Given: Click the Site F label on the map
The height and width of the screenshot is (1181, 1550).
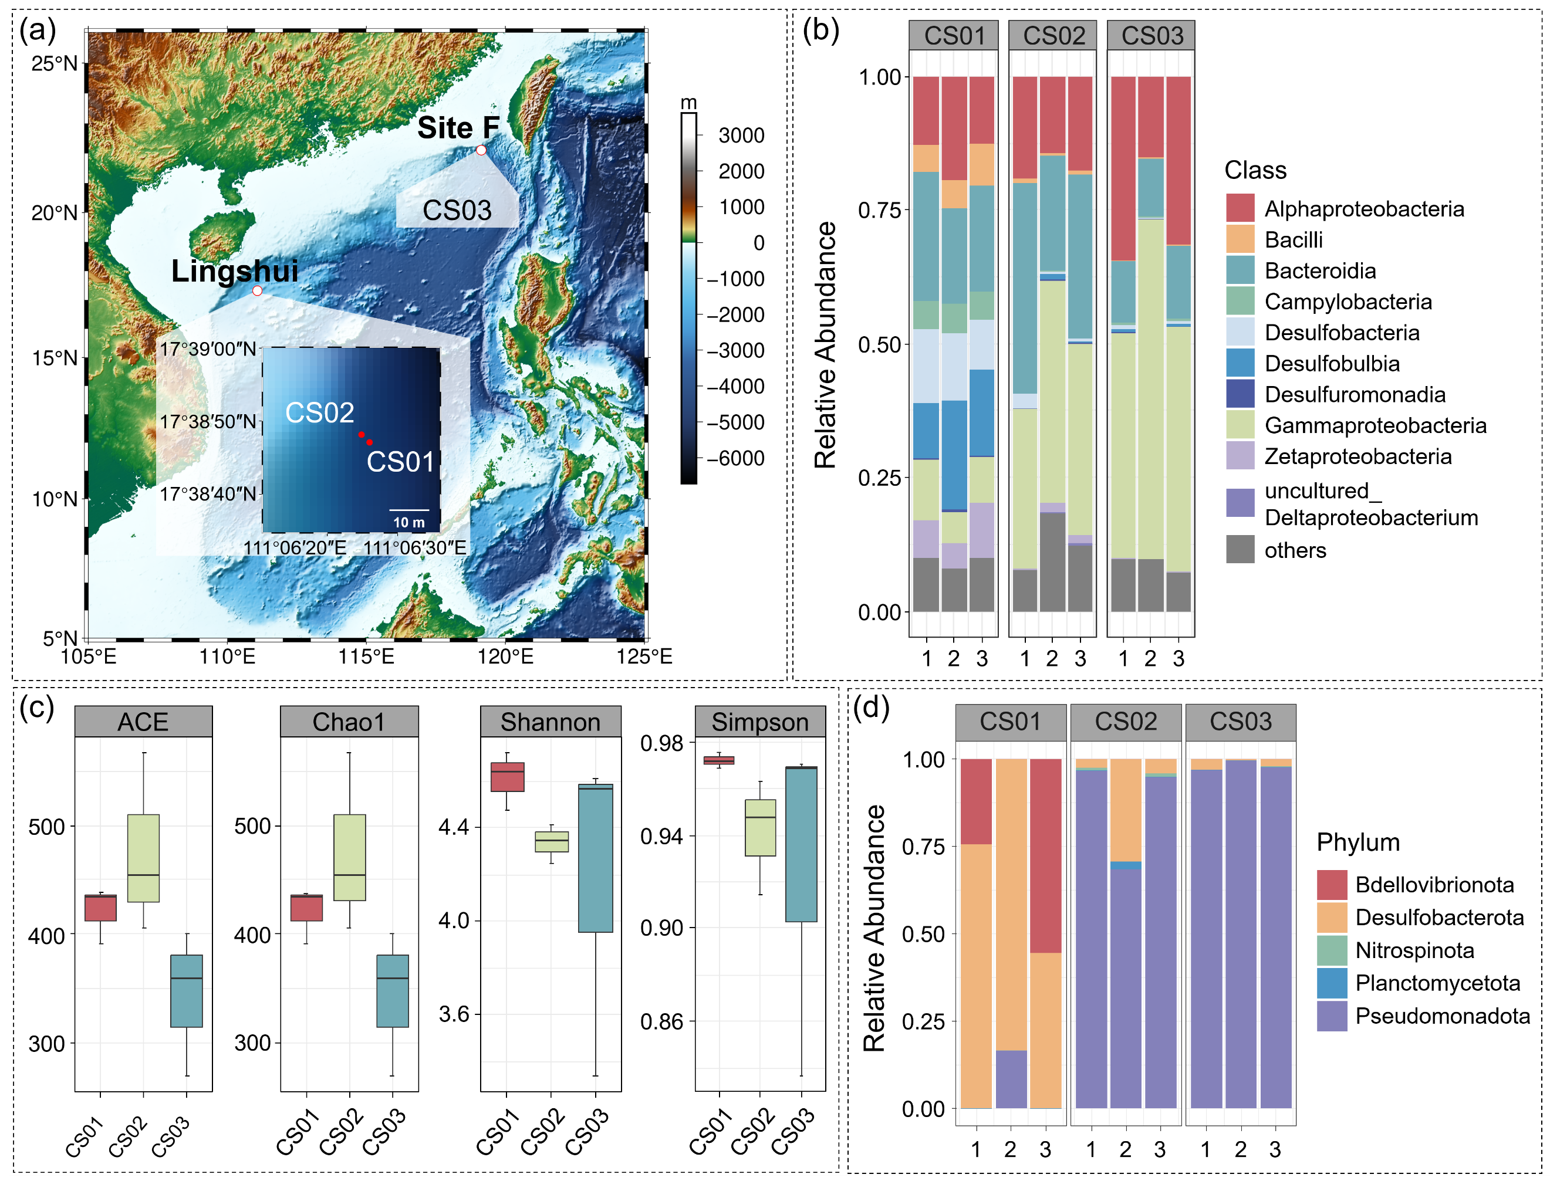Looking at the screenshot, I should (458, 128).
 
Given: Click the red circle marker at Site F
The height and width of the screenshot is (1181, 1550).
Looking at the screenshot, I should (481, 150).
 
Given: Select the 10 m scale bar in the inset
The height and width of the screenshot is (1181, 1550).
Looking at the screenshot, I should (408, 510).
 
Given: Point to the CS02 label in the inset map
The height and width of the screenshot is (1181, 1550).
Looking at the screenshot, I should (319, 412).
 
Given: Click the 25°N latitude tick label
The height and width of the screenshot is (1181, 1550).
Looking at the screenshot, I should (55, 64).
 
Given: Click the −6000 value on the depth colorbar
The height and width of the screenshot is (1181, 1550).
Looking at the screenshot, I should (735, 458).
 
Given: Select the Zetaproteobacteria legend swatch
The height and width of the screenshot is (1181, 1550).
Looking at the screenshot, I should (1240, 456).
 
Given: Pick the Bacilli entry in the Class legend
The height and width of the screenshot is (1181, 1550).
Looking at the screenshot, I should (1294, 241).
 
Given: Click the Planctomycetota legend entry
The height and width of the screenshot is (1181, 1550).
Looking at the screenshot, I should (1437, 983).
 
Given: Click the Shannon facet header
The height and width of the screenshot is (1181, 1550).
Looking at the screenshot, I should (550, 722).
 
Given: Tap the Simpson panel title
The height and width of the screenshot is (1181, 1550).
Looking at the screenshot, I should (759, 722).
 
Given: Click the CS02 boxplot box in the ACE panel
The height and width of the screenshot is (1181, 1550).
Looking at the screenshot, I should (143, 858).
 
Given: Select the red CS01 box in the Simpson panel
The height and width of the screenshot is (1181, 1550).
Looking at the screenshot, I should (719, 760).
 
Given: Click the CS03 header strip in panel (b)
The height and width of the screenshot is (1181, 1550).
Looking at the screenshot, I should (1151, 36).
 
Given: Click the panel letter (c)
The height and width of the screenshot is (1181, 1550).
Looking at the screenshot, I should (36, 708).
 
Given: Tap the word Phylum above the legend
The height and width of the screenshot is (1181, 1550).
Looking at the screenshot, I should (1357, 842).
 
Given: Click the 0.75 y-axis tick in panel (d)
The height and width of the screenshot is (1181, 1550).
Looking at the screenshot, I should (923, 847).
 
